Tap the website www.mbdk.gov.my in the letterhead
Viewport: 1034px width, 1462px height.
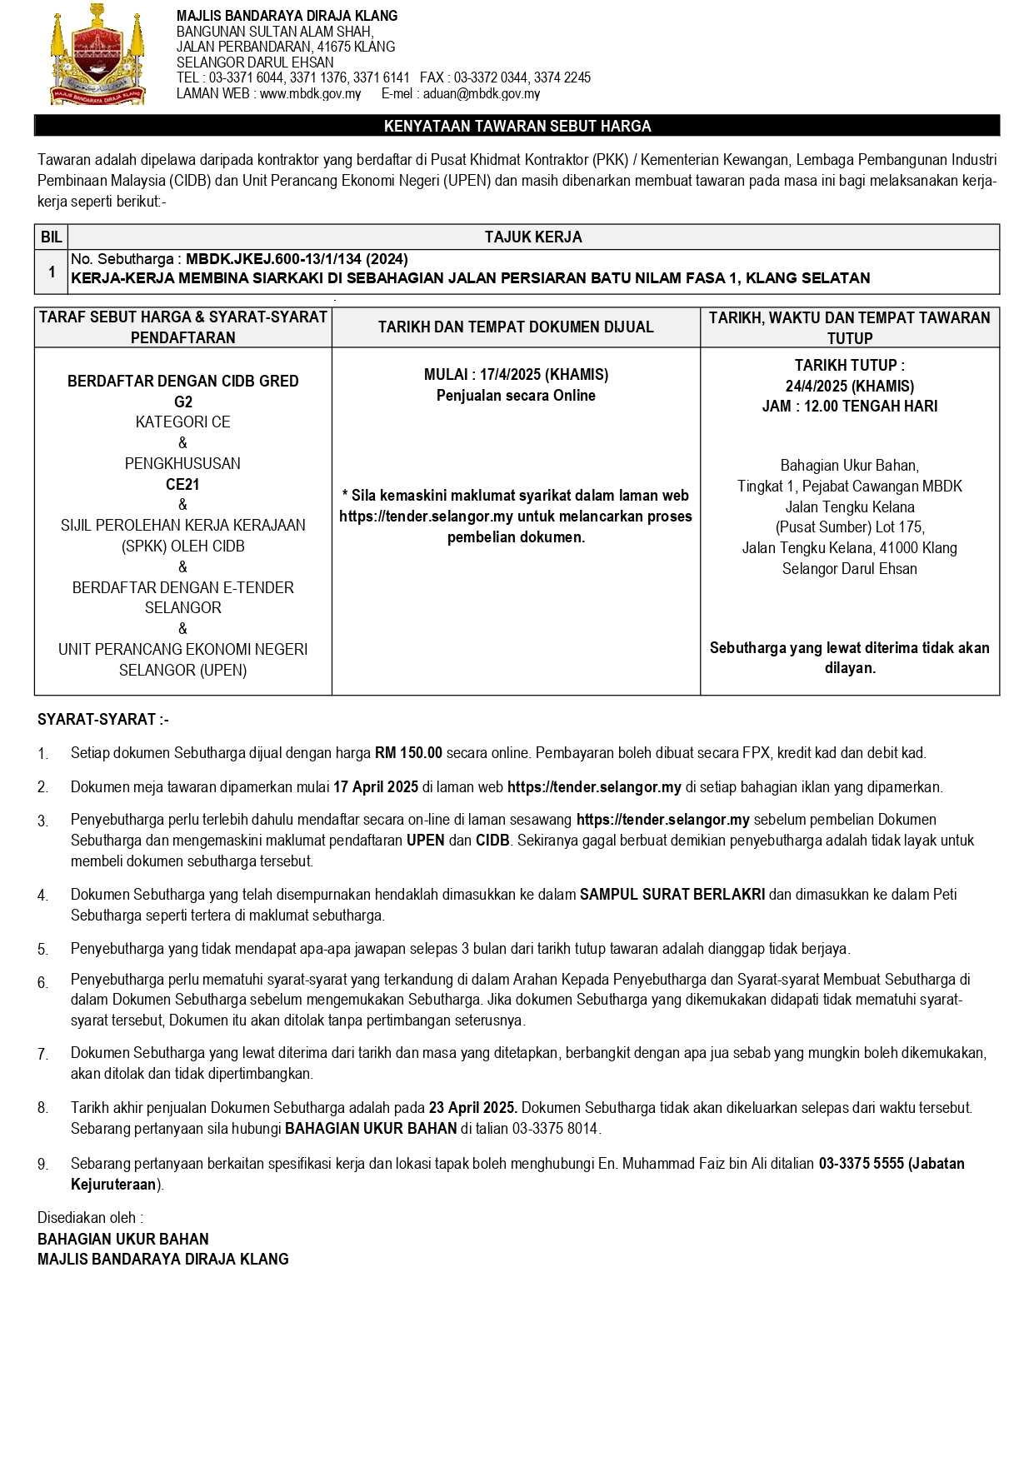click(x=310, y=94)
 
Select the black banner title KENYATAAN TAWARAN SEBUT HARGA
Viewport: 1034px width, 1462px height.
click(x=517, y=126)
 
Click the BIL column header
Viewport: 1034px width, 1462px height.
click(x=51, y=237)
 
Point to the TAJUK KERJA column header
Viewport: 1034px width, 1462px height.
click(x=533, y=237)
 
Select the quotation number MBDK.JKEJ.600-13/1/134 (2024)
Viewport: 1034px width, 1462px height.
click(x=297, y=259)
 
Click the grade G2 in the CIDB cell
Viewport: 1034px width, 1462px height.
click(x=183, y=402)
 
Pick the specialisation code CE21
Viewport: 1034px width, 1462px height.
click(x=182, y=484)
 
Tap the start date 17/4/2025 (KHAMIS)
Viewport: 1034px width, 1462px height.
click(x=543, y=375)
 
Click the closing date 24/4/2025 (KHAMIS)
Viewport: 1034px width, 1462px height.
click(x=849, y=386)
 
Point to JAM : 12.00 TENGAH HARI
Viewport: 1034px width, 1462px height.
click(x=849, y=407)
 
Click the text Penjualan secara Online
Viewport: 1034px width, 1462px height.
click(x=516, y=396)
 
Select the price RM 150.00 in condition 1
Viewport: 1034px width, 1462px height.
click(x=408, y=753)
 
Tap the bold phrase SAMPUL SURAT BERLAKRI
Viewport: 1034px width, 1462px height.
click(x=672, y=895)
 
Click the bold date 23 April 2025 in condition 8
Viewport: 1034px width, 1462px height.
click(x=472, y=1108)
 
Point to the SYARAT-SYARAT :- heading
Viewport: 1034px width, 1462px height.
click(x=103, y=720)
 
